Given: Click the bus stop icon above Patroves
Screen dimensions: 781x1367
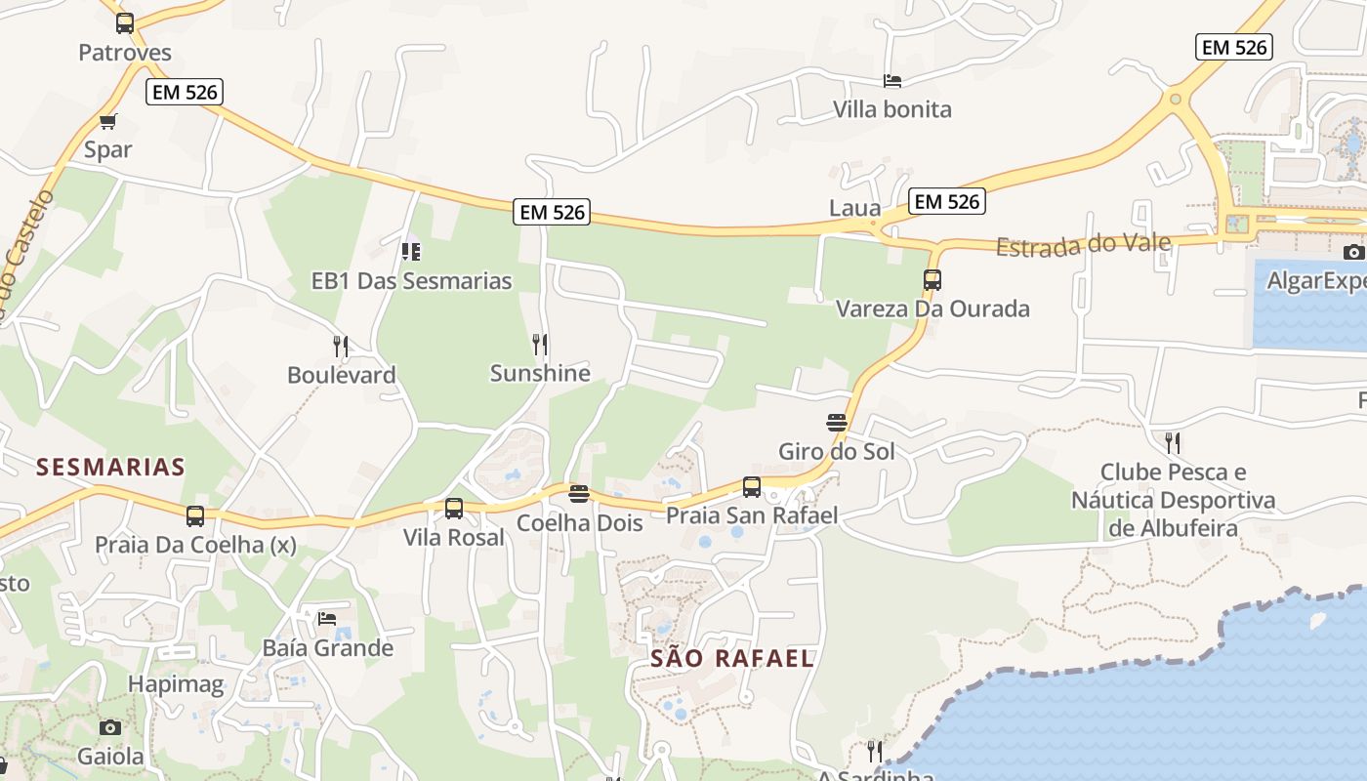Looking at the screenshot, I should tap(125, 23).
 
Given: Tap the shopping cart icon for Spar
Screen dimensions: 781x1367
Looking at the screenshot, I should tap(108, 122).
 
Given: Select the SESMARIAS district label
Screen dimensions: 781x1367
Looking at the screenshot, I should tap(110, 467).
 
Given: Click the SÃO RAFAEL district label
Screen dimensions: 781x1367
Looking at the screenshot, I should tap(732, 658).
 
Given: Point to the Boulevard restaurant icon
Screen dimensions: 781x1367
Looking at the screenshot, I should tap(341, 347).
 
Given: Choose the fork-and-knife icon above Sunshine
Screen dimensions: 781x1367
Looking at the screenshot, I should tap(539, 345).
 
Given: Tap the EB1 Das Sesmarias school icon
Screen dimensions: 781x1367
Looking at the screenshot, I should tap(411, 253).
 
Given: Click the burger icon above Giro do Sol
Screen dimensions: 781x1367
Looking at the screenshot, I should tap(837, 423).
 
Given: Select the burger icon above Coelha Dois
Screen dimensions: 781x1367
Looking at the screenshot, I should tap(579, 494).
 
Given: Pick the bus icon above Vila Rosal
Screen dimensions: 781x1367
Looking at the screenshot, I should tap(454, 509).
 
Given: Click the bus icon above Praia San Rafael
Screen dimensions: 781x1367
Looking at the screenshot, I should tap(752, 487).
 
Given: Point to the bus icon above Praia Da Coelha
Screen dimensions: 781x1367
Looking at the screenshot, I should tap(195, 516).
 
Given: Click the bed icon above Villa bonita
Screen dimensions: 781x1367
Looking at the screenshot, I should tap(891, 81).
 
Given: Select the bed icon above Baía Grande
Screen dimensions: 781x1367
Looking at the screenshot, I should tap(327, 619).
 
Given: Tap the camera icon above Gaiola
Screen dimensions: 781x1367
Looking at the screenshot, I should tap(110, 728).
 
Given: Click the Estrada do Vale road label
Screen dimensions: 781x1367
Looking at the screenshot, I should tap(1083, 244).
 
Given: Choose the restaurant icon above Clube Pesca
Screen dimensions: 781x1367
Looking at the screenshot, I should tap(1173, 443).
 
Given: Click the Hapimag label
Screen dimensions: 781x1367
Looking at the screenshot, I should tap(176, 684).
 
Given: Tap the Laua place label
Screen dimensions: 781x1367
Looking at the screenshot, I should tap(854, 208).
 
